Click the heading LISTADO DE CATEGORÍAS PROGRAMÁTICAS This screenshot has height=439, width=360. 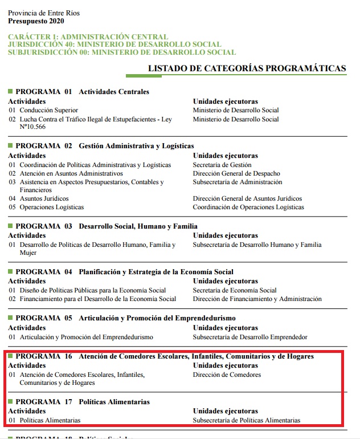(247, 68)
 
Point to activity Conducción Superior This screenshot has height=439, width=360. (48, 110)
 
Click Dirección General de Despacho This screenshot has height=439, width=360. (236, 173)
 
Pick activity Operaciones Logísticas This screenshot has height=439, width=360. (51, 207)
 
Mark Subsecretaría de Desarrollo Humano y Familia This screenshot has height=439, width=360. (257, 245)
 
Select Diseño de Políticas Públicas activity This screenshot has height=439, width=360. (92, 290)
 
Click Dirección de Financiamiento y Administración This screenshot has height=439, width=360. (257, 299)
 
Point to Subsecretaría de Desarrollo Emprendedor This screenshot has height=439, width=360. (250, 337)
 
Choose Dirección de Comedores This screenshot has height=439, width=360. (227, 375)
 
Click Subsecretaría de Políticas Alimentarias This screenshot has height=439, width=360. (246, 420)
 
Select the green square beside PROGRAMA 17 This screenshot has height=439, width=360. (10, 401)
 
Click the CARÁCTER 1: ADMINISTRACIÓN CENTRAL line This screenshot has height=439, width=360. (88, 36)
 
